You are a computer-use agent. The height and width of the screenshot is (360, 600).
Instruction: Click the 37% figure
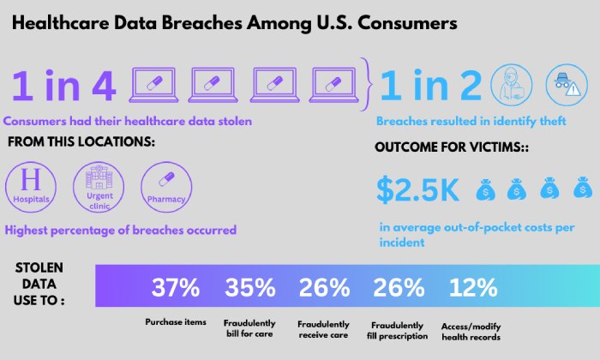pos(176,289)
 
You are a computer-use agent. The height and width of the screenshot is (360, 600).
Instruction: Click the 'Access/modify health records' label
pos(471,331)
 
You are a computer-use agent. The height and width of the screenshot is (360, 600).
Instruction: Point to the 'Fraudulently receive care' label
pos(323,331)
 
